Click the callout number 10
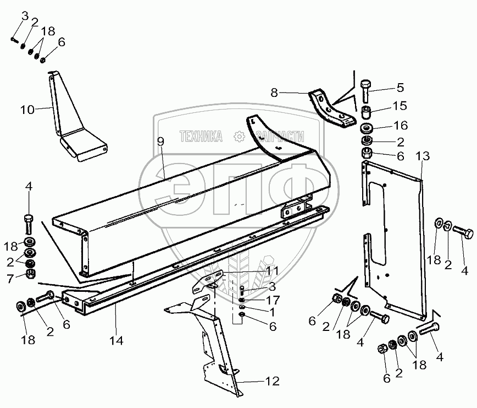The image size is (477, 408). coord(27,110)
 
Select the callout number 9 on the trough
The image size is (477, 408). coord(160,142)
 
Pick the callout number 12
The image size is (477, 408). coord(273,380)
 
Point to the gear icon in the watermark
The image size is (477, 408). coord(239,135)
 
